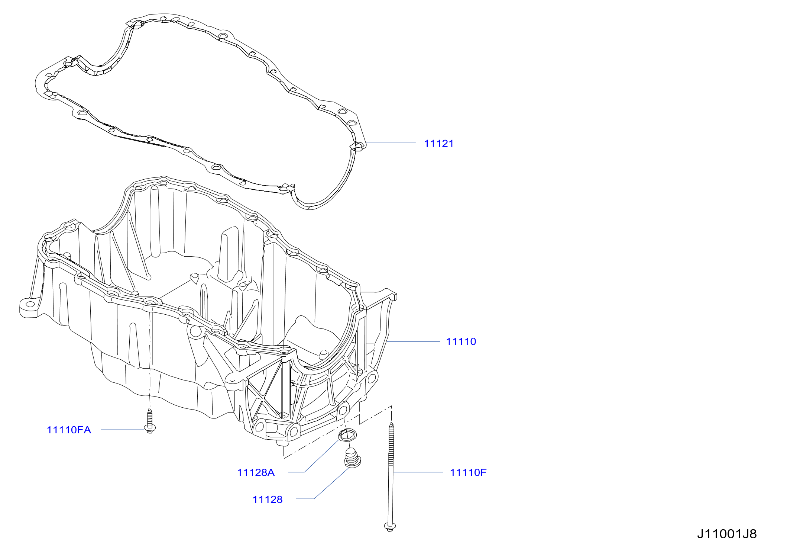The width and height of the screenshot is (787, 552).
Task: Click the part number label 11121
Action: (x=439, y=144)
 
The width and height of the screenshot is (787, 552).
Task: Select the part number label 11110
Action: (x=461, y=341)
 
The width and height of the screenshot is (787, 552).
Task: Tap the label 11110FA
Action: (x=69, y=430)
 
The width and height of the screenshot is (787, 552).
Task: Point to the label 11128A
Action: (x=256, y=472)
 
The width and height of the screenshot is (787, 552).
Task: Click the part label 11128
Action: (x=268, y=500)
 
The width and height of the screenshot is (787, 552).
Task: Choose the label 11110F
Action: (x=468, y=472)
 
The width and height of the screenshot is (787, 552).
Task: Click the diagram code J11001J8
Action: (x=727, y=534)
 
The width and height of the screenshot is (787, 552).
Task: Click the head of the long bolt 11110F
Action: (x=389, y=526)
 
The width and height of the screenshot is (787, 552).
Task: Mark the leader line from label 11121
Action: (x=391, y=143)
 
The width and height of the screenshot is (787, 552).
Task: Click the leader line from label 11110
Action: (x=413, y=341)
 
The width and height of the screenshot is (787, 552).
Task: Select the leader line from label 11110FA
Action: (x=123, y=429)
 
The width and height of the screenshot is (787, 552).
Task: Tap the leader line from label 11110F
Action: (x=418, y=472)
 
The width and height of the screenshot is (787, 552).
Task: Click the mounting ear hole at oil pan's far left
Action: (x=30, y=305)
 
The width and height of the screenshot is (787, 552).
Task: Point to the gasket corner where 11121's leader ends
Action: (x=359, y=145)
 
